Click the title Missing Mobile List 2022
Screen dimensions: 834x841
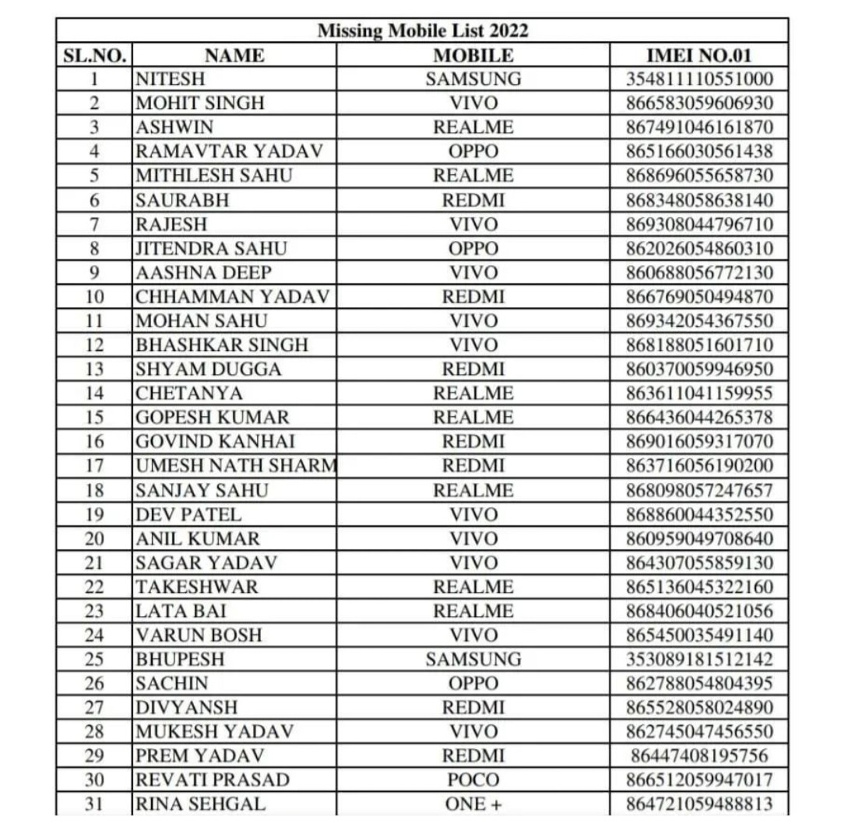tap(423, 31)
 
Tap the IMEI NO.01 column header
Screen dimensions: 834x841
tap(699, 55)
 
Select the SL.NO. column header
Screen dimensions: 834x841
tap(94, 55)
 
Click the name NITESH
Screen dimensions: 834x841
tap(166, 79)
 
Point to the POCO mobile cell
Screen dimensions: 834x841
tap(473, 780)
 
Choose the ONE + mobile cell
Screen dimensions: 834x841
tap(473, 804)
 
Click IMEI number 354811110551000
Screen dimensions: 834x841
tap(699, 79)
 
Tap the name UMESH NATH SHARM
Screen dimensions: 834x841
tap(235, 466)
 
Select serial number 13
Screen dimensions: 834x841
tap(94, 369)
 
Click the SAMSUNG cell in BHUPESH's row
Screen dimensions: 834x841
tap(473, 660)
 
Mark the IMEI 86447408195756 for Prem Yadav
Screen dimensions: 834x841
tap(699, 755)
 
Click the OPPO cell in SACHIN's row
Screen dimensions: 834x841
tap(473, 684)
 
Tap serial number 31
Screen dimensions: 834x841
tap(94, 804)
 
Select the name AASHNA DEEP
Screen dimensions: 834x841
tap(204, 272)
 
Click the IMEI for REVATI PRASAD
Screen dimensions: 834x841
tap(699, 780)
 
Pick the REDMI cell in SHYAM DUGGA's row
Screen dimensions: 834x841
tap(473, 369)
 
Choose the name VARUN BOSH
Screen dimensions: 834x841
tap(198, 635)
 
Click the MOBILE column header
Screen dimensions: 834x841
tap(473, 55)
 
